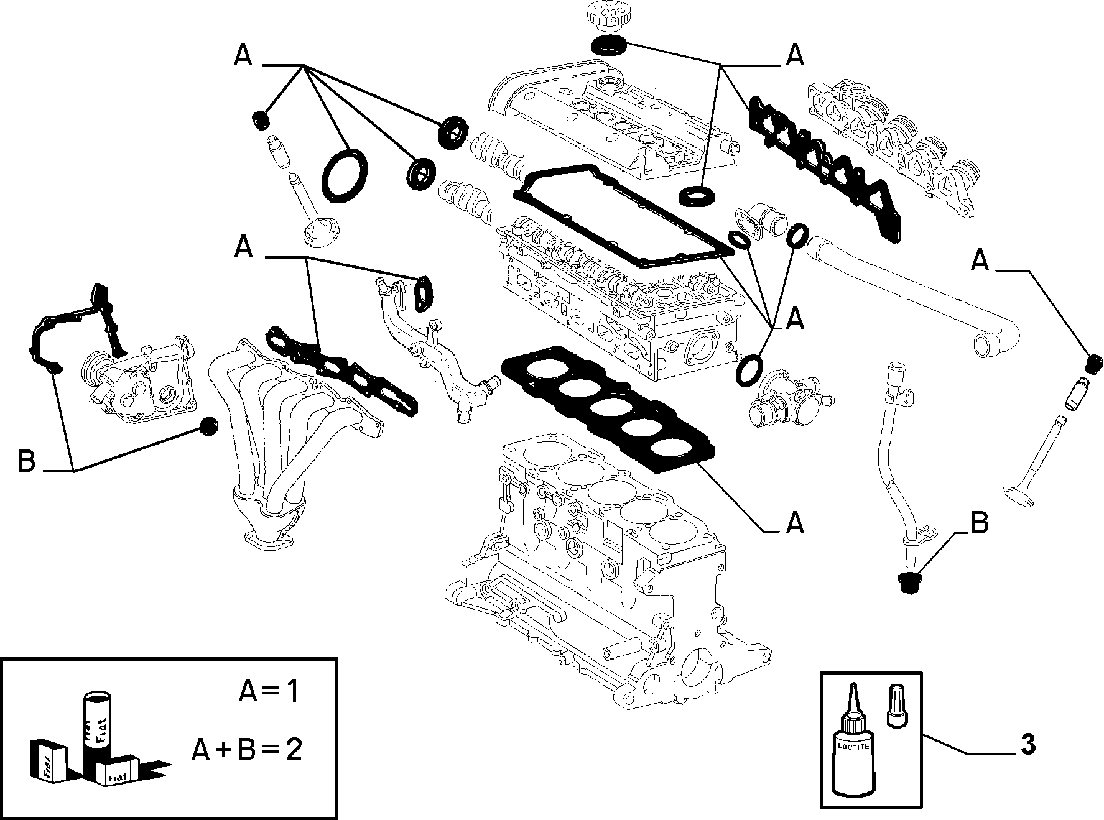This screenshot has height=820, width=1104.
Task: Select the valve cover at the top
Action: (x=613, y=118)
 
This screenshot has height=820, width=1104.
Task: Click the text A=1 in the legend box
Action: (x=269, y=691)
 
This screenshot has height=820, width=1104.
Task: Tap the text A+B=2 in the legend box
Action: (x=246, y=750)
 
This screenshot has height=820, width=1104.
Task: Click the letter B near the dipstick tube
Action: (x=979, y=523)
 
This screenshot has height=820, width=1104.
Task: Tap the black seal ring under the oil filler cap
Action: (x=609, y=45)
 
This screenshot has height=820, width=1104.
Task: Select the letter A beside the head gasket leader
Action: (x=795, y=523)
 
